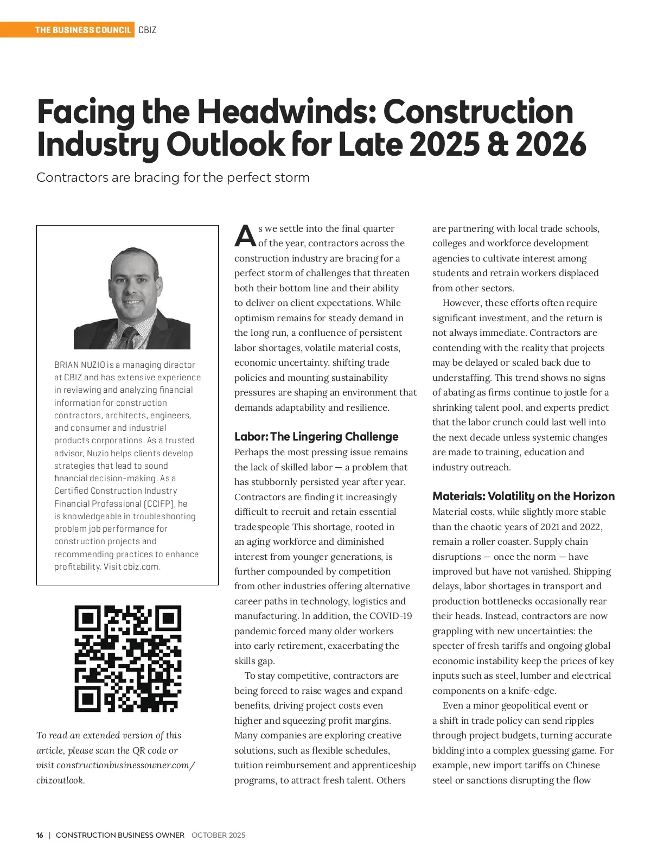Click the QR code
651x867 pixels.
coord(128,658)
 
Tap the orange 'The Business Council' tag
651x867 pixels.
coord(83,30)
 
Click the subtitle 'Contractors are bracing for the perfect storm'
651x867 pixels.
coord(173,178)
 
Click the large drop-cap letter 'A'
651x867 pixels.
coord(245,235)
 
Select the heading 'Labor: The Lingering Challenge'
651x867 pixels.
coord(316,437)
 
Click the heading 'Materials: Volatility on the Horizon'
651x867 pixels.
coord(523,496)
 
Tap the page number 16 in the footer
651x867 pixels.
coord(40,835)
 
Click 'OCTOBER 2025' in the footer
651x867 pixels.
coord(218,835)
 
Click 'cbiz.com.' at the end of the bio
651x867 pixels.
coord(142,566)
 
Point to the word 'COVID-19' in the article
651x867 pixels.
coord(390,616)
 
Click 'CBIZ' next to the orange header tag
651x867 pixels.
coord(147,30)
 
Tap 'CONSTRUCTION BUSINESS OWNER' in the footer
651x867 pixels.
coord(120,835)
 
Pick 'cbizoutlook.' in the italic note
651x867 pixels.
coord(60,780)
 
